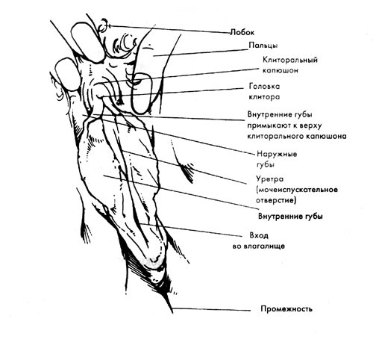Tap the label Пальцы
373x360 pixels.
[263, 46]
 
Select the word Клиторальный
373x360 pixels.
[290, 60]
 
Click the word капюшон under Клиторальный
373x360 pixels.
[280, 70]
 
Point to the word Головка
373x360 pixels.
[264, 87]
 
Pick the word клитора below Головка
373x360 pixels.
[264, 96]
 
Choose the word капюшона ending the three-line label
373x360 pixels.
[326, 137]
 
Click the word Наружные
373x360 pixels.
[277, 154]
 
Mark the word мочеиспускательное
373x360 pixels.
[297, 190]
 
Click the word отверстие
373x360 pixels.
[276, 200]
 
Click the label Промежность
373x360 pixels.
[286, 309]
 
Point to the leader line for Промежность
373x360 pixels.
[211, 309]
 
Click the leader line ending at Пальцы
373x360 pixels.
[201, 53]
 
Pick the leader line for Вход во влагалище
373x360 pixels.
[190, 230]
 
